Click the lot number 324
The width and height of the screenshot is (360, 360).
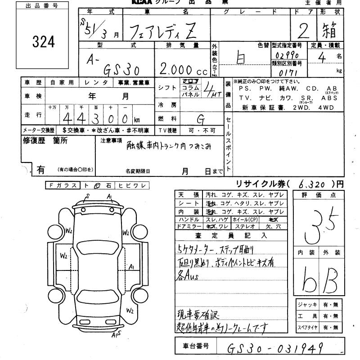point(44,42)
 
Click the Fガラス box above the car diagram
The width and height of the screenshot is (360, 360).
point(63,185)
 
